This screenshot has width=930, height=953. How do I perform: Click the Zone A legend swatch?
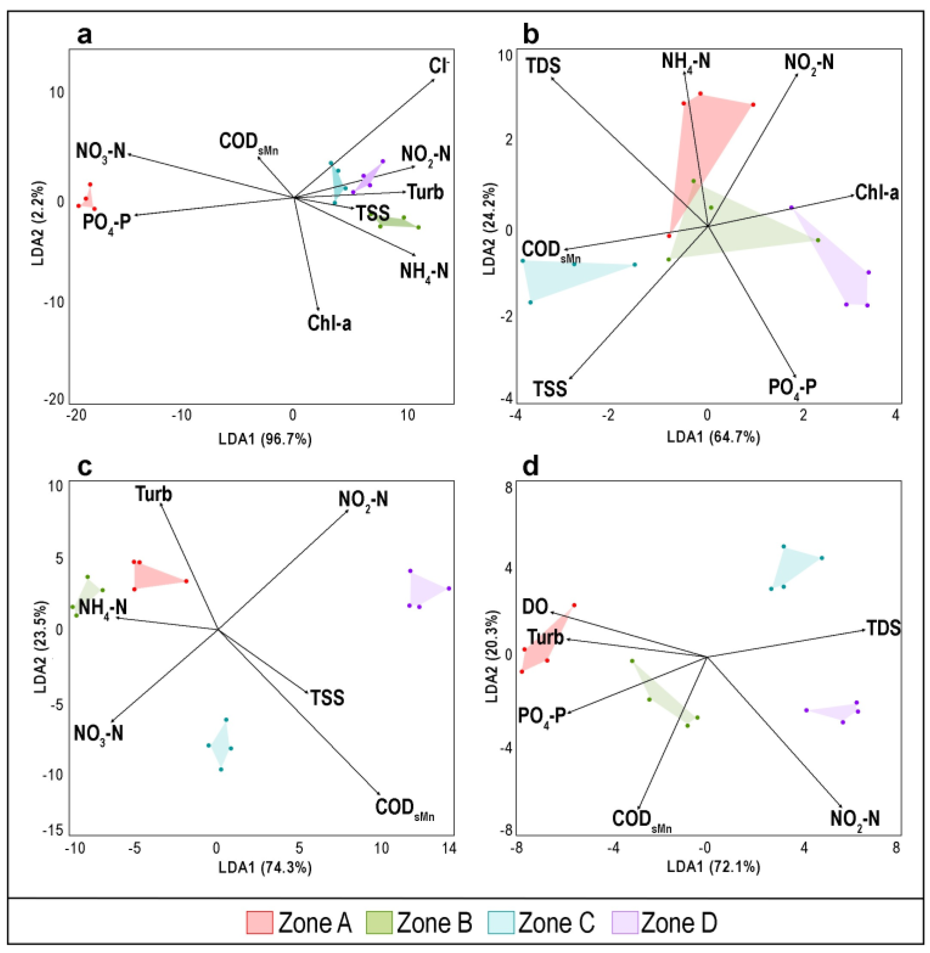coord(259,922)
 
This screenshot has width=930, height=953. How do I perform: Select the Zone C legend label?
coord(556,922)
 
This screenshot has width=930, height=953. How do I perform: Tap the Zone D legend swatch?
coord(625,922)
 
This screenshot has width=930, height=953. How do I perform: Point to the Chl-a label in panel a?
coord(329,323)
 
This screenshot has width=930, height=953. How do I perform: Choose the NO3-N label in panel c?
coord(98,734)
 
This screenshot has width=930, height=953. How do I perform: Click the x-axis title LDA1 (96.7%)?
coord(265,440)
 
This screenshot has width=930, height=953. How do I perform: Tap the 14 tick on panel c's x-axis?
coord(449,848)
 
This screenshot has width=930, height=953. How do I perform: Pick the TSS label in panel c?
coord(327,698)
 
